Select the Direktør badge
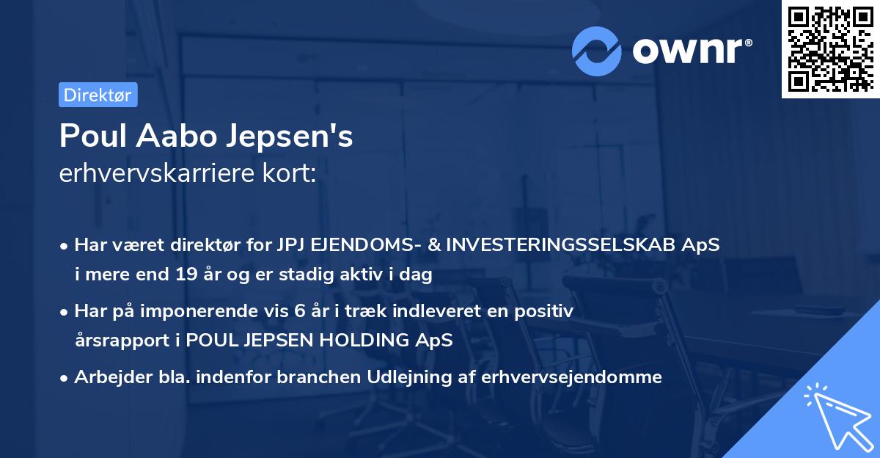[x=98, y=95]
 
